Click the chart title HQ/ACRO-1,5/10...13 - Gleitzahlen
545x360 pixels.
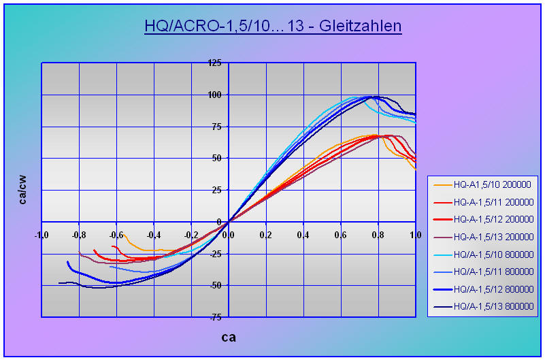273,27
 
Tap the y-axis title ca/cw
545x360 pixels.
23,190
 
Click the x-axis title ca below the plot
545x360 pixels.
229,336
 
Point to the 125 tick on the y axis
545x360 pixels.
215,63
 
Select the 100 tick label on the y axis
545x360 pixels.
215,95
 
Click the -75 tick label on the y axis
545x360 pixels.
215,317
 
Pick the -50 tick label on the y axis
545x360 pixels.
215,285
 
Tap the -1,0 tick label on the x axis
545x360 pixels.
42,235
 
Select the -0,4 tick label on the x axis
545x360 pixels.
154,235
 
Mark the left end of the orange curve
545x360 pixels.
116,234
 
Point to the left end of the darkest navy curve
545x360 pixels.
59,283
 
